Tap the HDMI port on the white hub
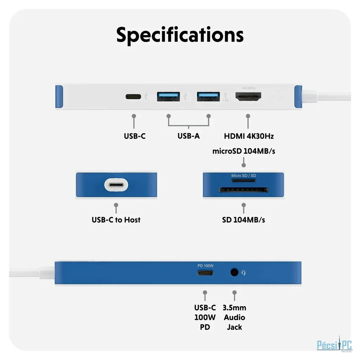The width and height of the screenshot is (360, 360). (248, 97)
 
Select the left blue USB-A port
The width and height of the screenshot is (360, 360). (168, 96)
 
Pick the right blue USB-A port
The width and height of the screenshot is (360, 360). (208, 96)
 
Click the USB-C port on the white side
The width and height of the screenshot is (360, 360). (133, 96)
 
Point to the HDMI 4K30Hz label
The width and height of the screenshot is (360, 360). (249, 136)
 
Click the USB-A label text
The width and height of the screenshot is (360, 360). (188, 136)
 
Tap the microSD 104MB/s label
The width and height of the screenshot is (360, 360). (244, 152)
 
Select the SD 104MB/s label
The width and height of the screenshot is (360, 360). (244, 220)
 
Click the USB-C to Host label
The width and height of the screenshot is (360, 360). (116, 220)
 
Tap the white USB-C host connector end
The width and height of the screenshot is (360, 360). (116, 185)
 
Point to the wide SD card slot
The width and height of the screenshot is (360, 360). (244, 190)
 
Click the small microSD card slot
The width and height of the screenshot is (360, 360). (244, 181)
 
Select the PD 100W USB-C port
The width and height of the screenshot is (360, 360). (205, 272)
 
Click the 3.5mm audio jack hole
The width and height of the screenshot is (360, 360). (234, 272)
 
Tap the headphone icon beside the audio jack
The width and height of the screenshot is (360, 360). (244, 272)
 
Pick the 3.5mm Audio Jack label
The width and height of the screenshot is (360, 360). (234, 317)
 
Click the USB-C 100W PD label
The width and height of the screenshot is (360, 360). (205, 317)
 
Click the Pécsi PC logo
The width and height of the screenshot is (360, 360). (334, 344)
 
